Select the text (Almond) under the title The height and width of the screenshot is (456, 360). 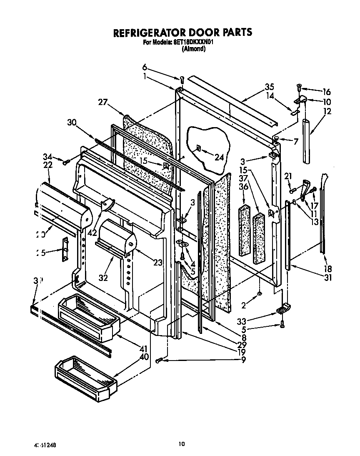coord(193,49)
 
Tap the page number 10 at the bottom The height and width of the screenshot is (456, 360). coord(181,444)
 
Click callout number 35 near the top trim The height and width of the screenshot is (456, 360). coord(269,87)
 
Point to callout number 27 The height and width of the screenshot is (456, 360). coord(104,102)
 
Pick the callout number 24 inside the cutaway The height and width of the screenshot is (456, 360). coord(219,157)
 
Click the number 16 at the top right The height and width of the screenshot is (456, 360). coord(327,92)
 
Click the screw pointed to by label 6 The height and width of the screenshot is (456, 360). coord(182,80)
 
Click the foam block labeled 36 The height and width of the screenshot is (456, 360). coord(244,229)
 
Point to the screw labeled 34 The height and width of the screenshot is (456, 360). coord(65,162)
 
